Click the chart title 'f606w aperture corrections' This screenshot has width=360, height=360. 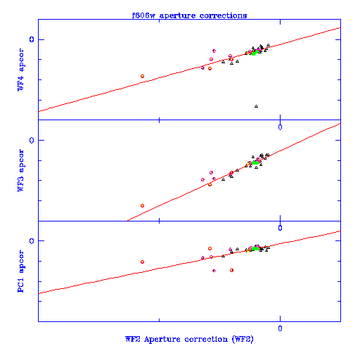(x=189, y=15)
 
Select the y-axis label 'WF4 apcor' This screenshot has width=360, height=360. (x=21, y=70)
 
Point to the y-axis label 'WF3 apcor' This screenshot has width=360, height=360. (x=21, y=170)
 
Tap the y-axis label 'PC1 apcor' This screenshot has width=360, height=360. (x=21, y=271)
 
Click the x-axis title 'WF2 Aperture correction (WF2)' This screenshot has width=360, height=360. (x=189, y=339)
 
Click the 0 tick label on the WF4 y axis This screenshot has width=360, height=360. (x=32, y=39)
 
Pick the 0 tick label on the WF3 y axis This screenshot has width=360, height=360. (x=32, y=141)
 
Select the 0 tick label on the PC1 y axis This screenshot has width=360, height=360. (x=32, y=241)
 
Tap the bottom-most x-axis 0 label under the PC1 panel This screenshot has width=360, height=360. (x=280, y=328)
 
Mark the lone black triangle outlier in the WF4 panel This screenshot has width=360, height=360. (x=256, y=106)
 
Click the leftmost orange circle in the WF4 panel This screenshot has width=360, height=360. (x=142, y=76)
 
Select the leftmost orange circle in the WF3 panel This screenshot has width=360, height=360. (x=142, y=205)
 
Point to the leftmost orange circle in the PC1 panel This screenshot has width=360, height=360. (x=142, y=262)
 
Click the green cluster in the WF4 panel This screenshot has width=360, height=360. (x=255, y=53)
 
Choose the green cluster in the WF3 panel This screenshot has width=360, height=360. (x=255, y=162)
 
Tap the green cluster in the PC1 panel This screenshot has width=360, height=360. (x=255, y=248)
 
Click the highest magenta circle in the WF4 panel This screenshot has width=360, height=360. (x=214, y=51)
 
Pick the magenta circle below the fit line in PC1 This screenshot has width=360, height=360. (x=214, y=271)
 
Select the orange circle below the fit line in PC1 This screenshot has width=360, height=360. (x=231, y=270)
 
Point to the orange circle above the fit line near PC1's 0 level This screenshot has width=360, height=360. (x=210, y=248)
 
